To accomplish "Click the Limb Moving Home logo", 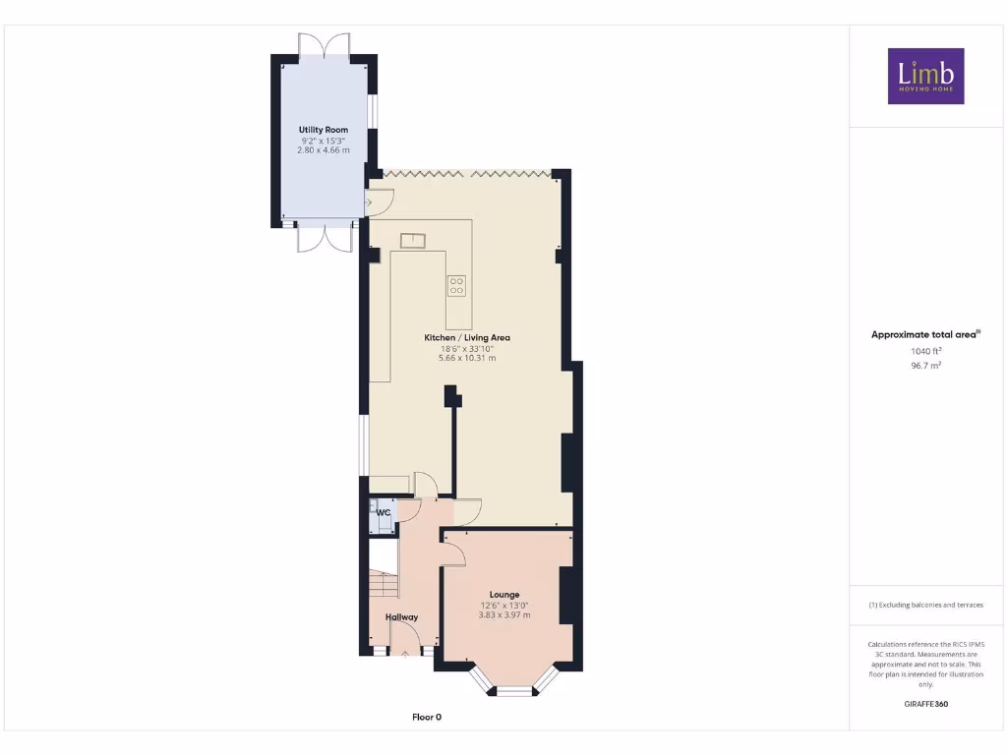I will (x=925, y=76).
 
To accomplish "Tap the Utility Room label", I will (x=324, y=130).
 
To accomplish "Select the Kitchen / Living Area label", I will (x=467, y=337).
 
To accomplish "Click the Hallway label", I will (x=401, y=617).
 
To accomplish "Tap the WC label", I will (x=384, y=512).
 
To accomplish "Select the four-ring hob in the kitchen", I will (x=456, y=286).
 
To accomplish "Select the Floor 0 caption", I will (x=426, y=718).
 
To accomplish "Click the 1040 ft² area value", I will (x=925, y=351).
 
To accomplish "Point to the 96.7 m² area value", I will (x=925, y=365).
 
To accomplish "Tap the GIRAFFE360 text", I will (x=925, y=704).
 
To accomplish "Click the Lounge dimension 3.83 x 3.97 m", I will (x=505, y=615).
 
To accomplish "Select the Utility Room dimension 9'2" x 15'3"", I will (x=324, y=141).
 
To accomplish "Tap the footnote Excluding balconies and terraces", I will (x=925, y=605).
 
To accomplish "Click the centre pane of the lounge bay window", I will (x=511, y=691).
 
